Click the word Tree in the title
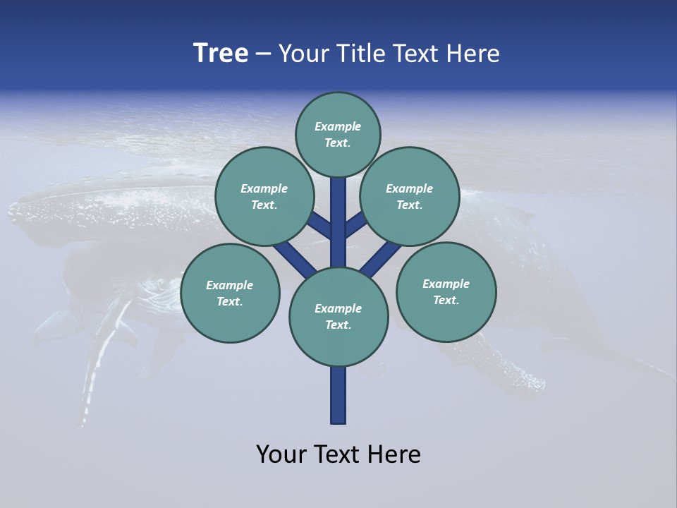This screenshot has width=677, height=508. (221, 54)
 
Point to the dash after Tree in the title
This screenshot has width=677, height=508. (263, 54)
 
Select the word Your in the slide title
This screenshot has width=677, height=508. (302, 54)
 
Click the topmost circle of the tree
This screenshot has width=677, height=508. (338, 134)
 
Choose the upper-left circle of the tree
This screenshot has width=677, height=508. (264, 196)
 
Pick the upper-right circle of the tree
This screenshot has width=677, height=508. (410, 196)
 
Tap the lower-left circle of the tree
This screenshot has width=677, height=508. (230, 293)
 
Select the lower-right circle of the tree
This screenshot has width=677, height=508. (446, 291)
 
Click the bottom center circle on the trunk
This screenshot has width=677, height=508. (338, 317)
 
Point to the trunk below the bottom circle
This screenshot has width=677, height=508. (338, 395)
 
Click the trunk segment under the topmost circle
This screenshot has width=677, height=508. (338, 212)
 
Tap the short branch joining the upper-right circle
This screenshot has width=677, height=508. (356, 225)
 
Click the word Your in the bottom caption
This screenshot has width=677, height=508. (282, 454)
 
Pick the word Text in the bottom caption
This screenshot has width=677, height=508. (339, 454)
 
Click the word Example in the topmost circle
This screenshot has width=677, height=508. (338, 126)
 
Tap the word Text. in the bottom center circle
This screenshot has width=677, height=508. (338, 325)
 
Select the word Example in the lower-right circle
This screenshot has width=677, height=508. (446, 284)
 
